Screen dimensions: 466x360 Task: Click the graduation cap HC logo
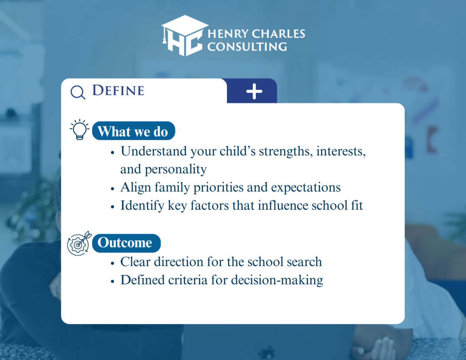pyautogui.click(x=184, y=35)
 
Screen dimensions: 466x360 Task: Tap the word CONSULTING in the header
pyautogui.click(x=247, y=47)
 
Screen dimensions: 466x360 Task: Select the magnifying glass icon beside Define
pyautogui.click(x=78, y=92)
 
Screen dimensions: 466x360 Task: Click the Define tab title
pyautogui.click(x=118, y=91)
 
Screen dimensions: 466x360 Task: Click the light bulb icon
pyautogui.click(x=79, y=130)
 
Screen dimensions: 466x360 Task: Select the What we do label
pyautogui.click(x=133, y=131)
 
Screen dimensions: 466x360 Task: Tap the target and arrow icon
pyautogui.click(x=79, y=243)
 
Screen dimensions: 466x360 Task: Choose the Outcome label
pyautogui.click(x=127, y=243)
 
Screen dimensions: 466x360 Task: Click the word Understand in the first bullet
pyautogui.click(x=153, y=151)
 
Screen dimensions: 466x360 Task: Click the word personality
pyautogui.click(x=175, y=170)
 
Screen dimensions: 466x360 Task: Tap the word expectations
pyautogui.click(x=306, y=188)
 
